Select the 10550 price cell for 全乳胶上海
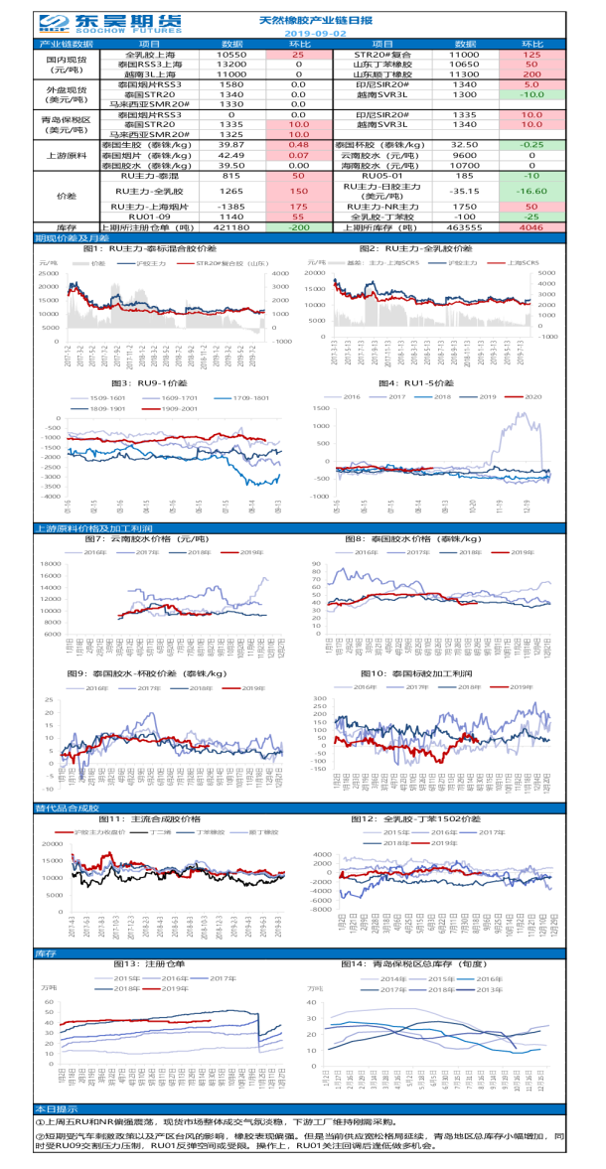point(230,55)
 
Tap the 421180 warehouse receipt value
point(230,226)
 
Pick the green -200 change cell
point(298,226)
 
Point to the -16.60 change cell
point(532,191)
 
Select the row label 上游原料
point(68,156)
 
